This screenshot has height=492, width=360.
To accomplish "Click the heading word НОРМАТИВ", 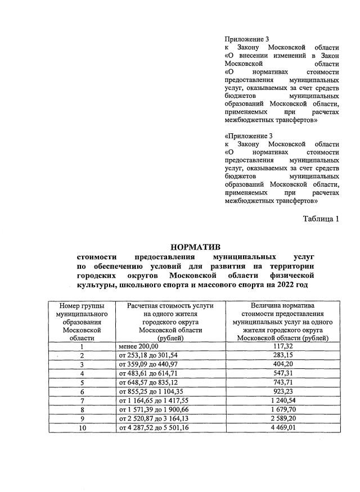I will click(196, 246).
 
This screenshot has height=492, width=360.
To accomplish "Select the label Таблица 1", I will click(321, 219).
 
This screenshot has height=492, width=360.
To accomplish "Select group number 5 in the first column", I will click(82, 382).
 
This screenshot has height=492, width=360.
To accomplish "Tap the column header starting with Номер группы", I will click(82, 321).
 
